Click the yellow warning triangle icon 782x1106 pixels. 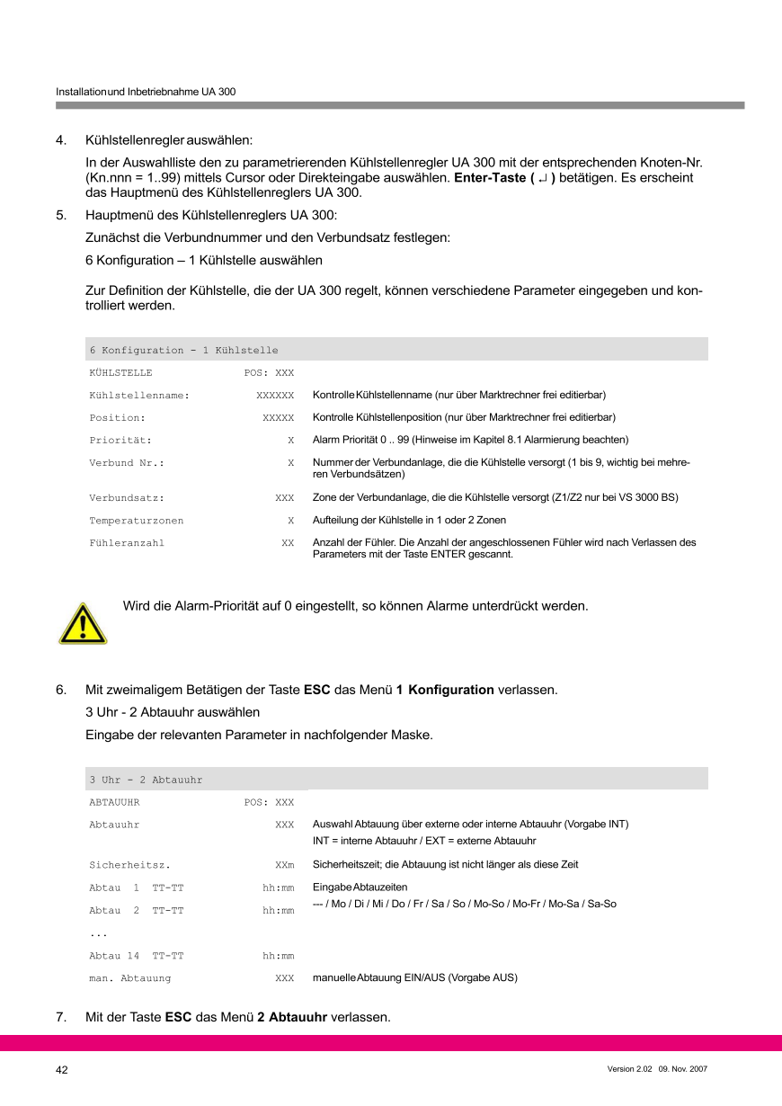point(83,624)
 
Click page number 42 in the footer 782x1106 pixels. point(62,1070)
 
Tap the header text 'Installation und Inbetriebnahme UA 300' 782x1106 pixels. point(146,92)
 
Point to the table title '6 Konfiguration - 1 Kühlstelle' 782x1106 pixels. point(183,350)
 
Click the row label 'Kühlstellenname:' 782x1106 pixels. point(139,395)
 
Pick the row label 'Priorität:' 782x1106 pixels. point(120,441)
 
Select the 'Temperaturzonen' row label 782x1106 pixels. point(136,521)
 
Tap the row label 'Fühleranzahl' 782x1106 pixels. point(127,543)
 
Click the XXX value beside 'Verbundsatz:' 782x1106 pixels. point(284,497)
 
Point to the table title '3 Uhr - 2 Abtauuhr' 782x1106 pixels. point(146,780)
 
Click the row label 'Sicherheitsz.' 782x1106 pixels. point(129,865)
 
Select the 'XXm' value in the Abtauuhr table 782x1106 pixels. point(284,865)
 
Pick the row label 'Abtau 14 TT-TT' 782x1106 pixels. point(136,956)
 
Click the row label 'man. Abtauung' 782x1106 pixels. point(129,977)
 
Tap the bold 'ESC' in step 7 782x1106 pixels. point(178,1018)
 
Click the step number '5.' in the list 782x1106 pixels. point(61,216)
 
